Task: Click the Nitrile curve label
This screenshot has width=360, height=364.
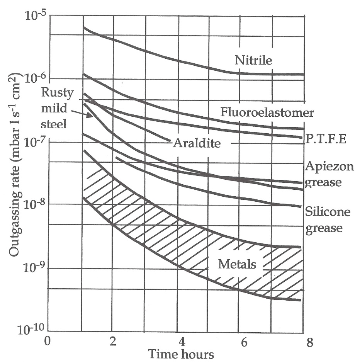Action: point(253,60)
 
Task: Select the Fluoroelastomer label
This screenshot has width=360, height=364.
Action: point(267,112)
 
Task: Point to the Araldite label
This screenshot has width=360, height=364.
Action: point(196,143)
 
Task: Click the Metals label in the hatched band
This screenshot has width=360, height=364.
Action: point(237,264)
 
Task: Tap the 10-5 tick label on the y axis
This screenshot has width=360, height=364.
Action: point(35,16)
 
